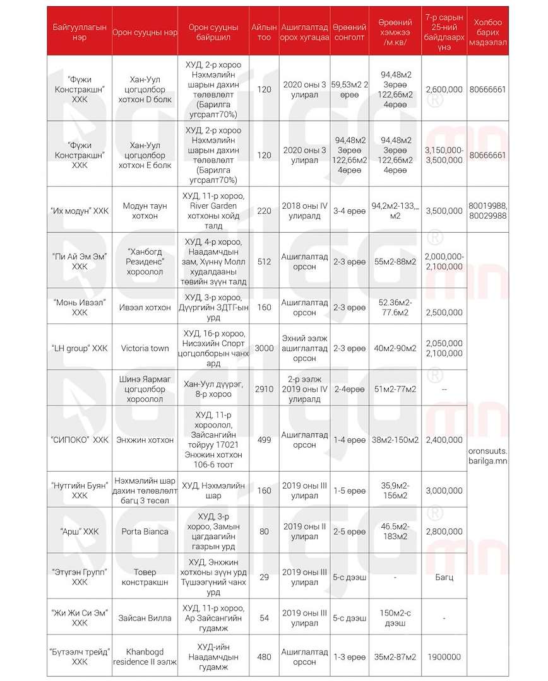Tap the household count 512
pos(264,262)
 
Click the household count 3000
pos(264,348)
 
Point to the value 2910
pos(264,389)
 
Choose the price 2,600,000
pos(444,90)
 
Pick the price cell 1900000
pos(444,657)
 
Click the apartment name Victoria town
pos(145,348)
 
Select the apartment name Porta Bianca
pos(145,532)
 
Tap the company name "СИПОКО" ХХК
pos(80,439)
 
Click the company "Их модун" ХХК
pos(80,211)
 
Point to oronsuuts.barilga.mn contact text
pos(487,456)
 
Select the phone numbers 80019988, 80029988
pos(487,211)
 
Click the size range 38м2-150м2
pos(395,439)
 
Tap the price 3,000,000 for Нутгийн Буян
pos(444,491)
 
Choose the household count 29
pos(264,577)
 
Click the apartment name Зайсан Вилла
pos(145,618)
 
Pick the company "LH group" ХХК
pos(80,348)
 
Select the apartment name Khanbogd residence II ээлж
pos(145,657)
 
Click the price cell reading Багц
pos(444,577)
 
